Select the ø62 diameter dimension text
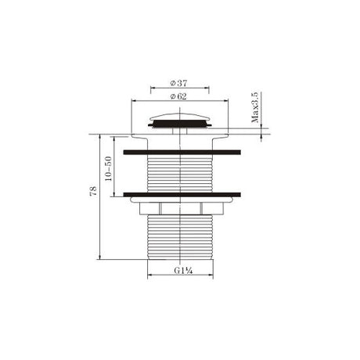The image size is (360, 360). [x=179, y=96]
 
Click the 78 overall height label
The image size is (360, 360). [x=94, y=192]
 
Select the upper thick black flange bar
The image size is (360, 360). [x=182, y=146]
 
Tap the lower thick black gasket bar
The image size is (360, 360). [x=182, y=193]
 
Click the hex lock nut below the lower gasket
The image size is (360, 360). [x=182, y=207]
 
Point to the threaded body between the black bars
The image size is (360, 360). [x=182, y=170]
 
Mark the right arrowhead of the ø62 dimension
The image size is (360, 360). [x=229, y=101]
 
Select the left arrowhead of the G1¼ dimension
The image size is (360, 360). [x=150, y=275]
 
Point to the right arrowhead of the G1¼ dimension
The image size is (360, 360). [x=212, y=275]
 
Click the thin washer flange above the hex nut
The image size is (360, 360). [x=182, y=200]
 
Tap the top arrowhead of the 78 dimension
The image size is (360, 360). [x=102, y=135]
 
